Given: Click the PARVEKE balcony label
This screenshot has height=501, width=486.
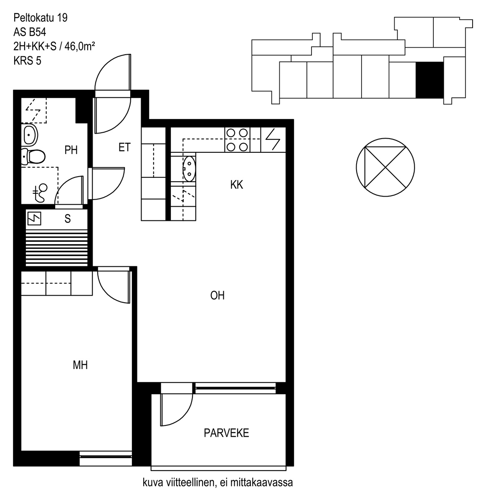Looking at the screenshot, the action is click(x=226, y=433).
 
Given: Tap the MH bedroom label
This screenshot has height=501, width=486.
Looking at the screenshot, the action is click(x=80, y=365).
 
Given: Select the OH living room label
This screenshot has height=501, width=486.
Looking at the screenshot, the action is click(x=217, y=295).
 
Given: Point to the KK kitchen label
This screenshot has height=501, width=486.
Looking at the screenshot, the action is click(x=237, y=185).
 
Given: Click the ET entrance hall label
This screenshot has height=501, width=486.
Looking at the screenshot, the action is click(x=124, y=147).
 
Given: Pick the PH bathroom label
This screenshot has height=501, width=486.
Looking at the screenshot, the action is click(x=71, y=150).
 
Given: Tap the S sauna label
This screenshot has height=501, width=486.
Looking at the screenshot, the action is click(x=68, y=219).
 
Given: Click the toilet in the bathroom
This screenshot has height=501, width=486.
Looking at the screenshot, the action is click(x=33, y=157).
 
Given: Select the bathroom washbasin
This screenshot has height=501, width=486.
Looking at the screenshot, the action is click(x=30, y=135).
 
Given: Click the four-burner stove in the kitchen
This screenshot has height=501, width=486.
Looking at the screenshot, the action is click(x=237, y=140).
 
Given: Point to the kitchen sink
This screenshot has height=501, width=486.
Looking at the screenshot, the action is click(x=190, y=169).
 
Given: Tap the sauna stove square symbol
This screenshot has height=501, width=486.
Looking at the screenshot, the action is click(x=34, y=218).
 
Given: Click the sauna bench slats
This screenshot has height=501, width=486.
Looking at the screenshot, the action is click(x=57, y=248).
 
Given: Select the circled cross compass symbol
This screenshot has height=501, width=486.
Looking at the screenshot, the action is click(x=385, y=167).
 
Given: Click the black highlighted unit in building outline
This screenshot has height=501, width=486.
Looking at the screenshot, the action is click(x=430, y=80).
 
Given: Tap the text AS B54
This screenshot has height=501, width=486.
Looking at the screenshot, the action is click(x=30, y=32).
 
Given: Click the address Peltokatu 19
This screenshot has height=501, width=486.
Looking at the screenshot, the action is click(x=40, y=18).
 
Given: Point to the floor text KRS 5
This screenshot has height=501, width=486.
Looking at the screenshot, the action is click(x=27, y=61).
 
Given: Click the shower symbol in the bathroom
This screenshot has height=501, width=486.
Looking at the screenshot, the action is click(x=40, y=192).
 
